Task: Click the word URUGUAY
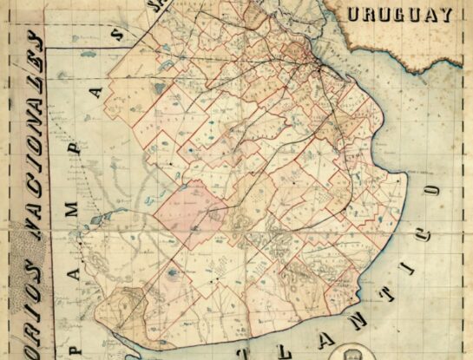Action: [x=400, y=14]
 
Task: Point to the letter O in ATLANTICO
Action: [x=428, y=185]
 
